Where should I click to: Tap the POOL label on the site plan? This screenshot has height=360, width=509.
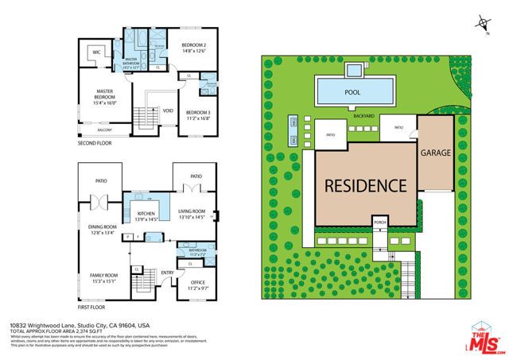pyautogui.click(x=352, y=91)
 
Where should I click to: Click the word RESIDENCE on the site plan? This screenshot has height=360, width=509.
pyautogui.click(x=364, y=185)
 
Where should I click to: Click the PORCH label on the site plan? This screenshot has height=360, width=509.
pyautogui.click(x=381, y=222)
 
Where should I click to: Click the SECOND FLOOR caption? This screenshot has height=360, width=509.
pyautogui.click(x=95, y=144)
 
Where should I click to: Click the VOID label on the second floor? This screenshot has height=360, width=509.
pyautogui.click(x=168, y=110)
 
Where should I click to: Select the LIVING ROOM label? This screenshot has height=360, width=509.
pyautogui.click(x=192, y=213)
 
